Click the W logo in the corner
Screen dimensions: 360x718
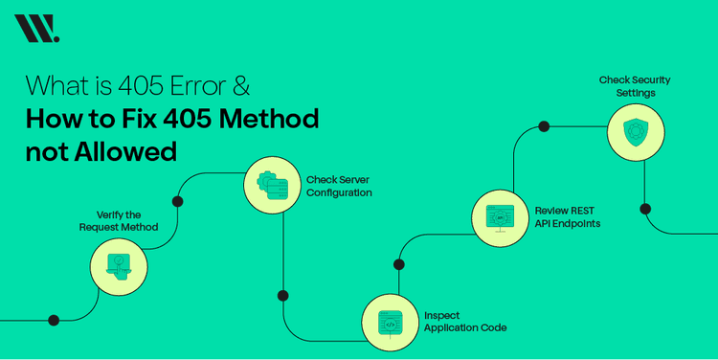[36, 29]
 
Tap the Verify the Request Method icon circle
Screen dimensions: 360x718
[119, 266]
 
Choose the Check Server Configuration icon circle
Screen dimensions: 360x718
[273, 186]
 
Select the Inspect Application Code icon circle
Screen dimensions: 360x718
[390, 323]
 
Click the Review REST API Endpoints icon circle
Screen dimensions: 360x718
[499, 216]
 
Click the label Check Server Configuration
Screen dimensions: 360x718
[339, 186]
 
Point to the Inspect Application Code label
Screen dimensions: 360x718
[465, 321]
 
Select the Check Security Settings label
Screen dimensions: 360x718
[635, 86]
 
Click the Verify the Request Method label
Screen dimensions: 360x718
[118, 220]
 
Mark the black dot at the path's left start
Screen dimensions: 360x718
[54, 320]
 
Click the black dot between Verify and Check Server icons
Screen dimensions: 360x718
[177, 202]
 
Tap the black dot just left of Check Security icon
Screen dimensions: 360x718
[544, 126]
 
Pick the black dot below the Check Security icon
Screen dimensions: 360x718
[645, 209]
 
